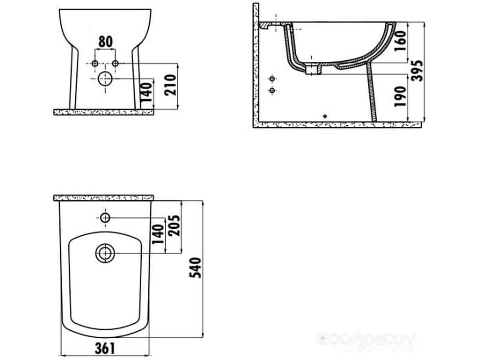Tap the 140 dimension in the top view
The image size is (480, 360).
[158, 234]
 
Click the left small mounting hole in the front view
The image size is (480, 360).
[95, 63]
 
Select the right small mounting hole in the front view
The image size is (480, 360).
[115, 63]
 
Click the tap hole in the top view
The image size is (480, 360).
[105, 217]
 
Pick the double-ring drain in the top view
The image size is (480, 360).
[105, 253]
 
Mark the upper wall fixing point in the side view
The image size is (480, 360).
[272, 79]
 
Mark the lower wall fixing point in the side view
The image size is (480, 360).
[272, 90]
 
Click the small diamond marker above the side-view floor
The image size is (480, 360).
[325, 116]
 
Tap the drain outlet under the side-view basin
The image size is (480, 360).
[312, 70]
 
